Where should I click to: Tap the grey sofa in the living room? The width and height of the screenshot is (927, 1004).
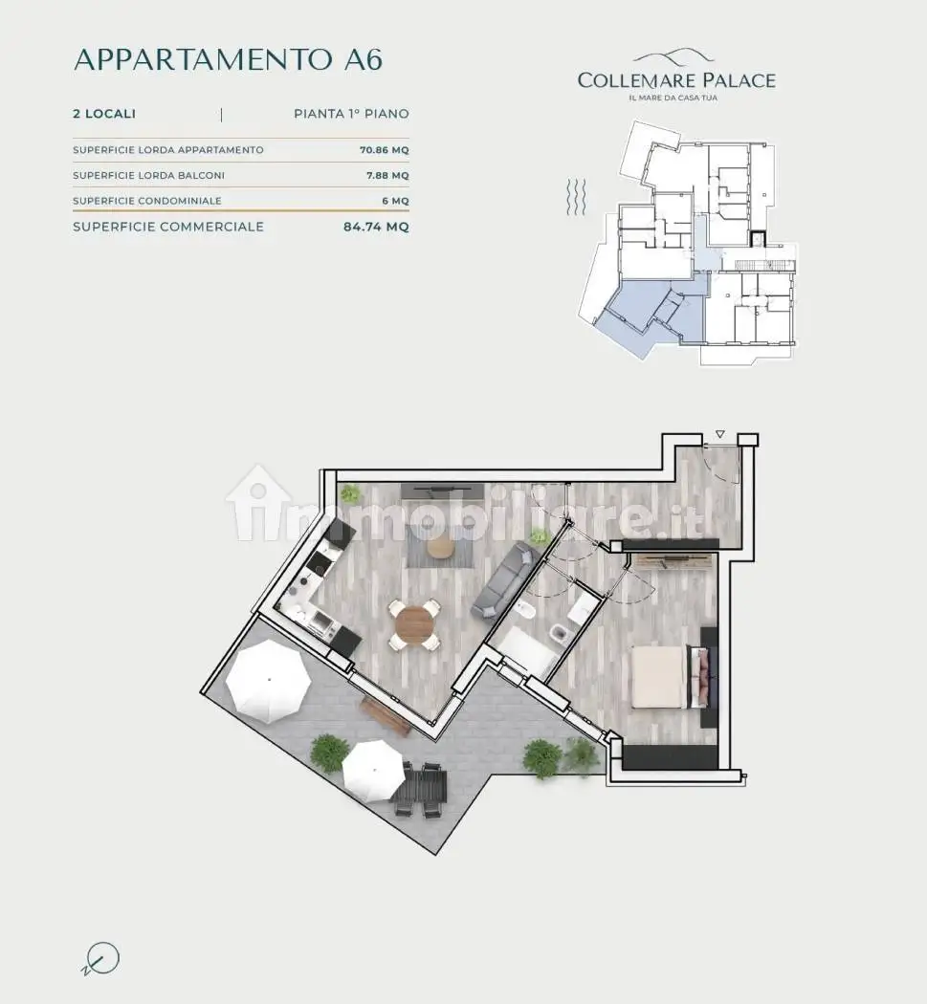(x=505, y=580)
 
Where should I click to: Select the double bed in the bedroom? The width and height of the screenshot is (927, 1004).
(x=670, y=677)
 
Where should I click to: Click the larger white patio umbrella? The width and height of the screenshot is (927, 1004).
(x=269, y=678)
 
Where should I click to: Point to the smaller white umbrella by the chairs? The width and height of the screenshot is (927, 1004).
(x=373, y=770)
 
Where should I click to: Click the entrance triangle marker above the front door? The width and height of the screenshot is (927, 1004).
(x=720, y=434)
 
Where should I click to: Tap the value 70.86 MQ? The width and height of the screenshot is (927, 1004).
(x=384, y=150)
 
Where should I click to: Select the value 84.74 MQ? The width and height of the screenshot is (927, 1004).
(x=376, y=227)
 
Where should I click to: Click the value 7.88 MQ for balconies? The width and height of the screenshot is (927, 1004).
(x=387, y=175)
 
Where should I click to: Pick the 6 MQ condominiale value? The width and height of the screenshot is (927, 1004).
(x=395, y=201)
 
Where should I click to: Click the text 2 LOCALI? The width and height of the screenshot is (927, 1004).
(x=104, y=114)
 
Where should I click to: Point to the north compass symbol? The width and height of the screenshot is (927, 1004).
(x=101, y=958)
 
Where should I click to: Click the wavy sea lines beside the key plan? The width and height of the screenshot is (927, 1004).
(x=577, y=197)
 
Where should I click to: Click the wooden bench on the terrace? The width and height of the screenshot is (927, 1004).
(x=386, y=715)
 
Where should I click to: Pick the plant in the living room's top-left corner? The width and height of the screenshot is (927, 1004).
(x=350, y=493)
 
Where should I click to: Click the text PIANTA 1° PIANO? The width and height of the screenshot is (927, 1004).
(x=351, y=114)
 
